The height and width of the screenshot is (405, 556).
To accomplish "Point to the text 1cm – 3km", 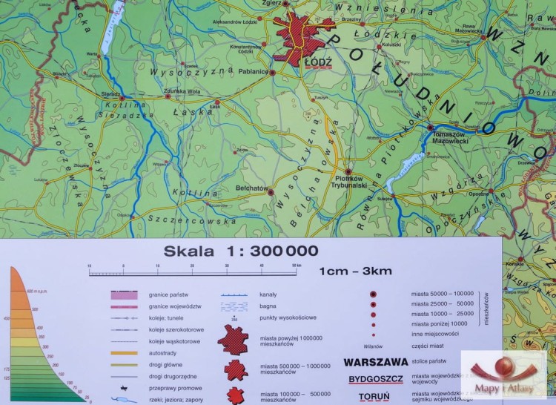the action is pos(355,271).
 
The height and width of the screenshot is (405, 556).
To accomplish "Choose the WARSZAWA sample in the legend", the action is pos(376,362).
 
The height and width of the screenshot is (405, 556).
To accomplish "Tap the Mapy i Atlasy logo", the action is pos(506,375).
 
